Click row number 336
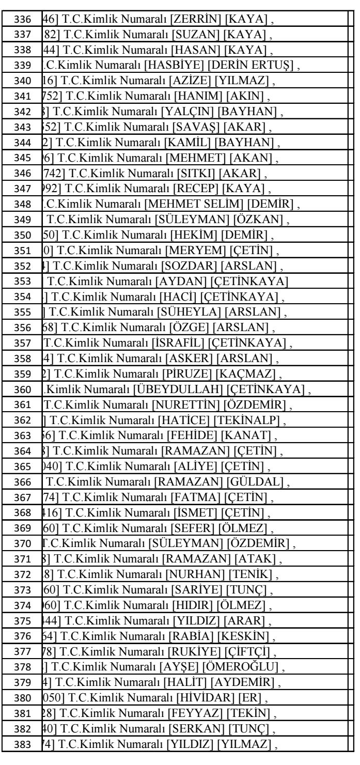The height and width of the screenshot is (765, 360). [21, 18]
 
